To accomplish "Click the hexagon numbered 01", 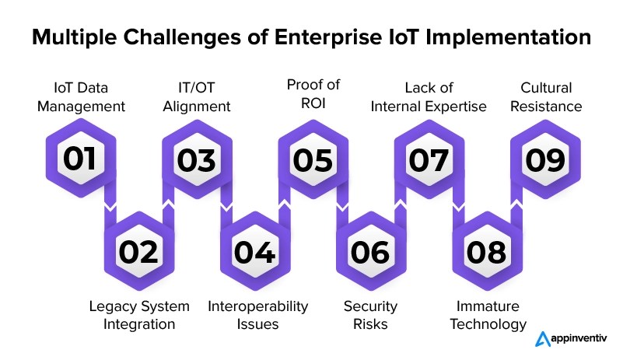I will (x=80, y=159).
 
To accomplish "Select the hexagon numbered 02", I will (x=138, y=250).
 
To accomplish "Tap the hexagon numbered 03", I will (x=197, y=159).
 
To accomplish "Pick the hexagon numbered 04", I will (x=254, y=250).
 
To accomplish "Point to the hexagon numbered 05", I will (x=313, y=159).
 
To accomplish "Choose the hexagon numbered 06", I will (x=371, y=250).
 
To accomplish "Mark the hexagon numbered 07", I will (x=429, y=159).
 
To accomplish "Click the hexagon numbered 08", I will (x=487, y=250).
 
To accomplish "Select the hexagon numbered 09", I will (x=544, y=159).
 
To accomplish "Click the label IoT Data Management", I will (x=80, y=97).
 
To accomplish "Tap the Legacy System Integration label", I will (x=138, y=314).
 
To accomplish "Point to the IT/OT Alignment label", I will (x=197, y=97).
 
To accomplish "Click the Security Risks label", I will (x=371, y=314).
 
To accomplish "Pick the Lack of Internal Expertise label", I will (x=429, y=97).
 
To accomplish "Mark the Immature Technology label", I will (x=487, y=314).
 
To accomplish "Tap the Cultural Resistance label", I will (x=544, y=97).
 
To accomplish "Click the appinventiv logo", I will (x=570, y=339).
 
